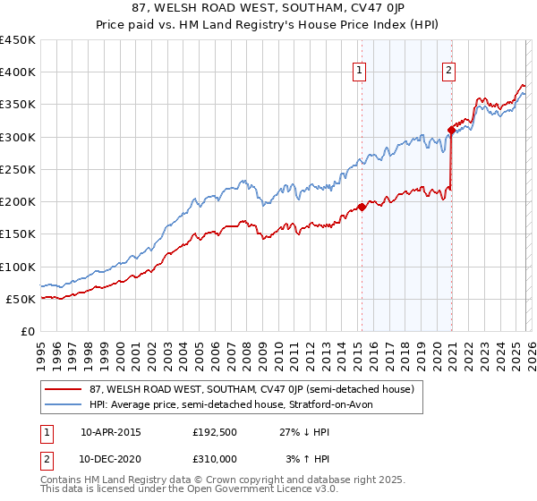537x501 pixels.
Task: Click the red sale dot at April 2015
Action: [x=362, y=207]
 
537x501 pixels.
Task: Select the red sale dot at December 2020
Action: [x=451, y=131]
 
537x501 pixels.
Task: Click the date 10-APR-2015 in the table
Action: [x=111, y=432]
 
